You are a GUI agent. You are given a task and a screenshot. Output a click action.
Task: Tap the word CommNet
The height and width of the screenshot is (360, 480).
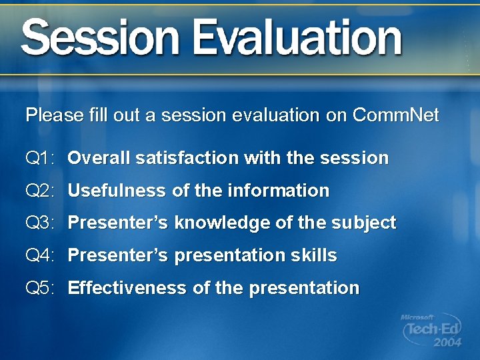(x=395, y=115)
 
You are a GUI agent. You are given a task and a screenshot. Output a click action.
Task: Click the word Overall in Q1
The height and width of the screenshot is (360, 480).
(x=99, y=159)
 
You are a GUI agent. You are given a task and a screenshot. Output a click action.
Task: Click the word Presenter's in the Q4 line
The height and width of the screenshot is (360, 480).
(x=118, y=255)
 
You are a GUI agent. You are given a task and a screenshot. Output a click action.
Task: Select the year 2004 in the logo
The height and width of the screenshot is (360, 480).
(x=447, y=343)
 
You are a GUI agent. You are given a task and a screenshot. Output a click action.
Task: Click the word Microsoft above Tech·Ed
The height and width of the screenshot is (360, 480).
(x=417, y=318)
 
